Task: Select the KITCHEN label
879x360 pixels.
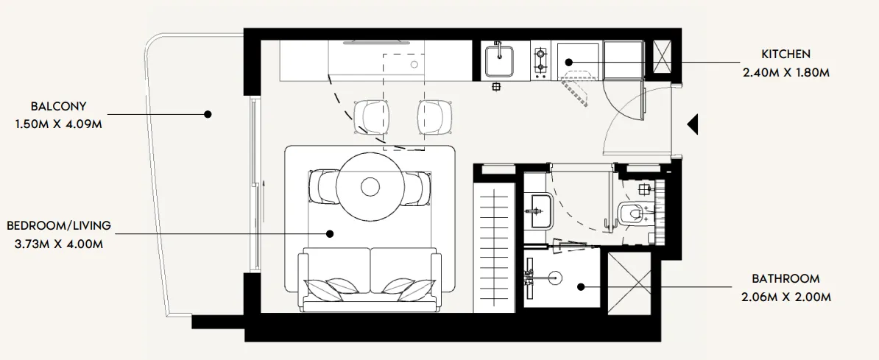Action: click(786, 54)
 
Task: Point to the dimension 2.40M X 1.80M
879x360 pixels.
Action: click(786, 72)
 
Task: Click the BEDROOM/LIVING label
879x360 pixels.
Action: click(58, 225)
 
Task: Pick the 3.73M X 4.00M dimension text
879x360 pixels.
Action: click(58, 244)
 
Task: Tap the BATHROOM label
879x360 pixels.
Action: click(786, 279)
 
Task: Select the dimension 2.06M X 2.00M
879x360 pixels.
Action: click(786, 297)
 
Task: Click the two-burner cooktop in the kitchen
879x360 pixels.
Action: click(541, 62)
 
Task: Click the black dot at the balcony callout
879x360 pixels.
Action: click(208, 114)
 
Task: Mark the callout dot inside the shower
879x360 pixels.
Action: click(581, 287)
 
